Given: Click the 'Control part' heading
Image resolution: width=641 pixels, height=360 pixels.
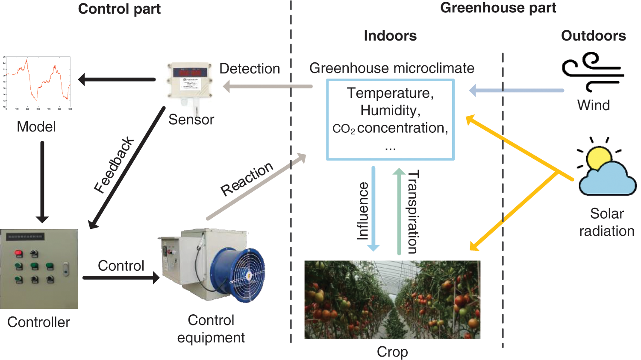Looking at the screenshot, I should click(x=119, y=9).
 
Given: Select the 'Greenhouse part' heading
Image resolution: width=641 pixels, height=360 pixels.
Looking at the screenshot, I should click(x=498, y=8).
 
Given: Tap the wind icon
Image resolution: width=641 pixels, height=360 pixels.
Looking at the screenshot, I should click(x=593, y=72).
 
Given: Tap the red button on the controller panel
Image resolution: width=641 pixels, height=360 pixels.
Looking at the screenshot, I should click(x=18, y=253).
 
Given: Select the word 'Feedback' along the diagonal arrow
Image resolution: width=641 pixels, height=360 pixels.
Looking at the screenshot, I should click(x=114, y=165).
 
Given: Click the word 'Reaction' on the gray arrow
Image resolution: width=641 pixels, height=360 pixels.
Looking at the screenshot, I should click(x=247, y=179).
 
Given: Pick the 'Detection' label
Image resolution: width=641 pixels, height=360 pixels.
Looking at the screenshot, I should click(x=250, y=69).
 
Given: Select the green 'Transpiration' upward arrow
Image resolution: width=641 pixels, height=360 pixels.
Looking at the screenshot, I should click(x=399, y=211).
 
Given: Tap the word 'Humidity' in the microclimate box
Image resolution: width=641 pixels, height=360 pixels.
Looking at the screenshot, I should click(x=390, y=111).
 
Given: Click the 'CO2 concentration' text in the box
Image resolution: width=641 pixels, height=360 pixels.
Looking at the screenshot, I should click(x=390, y=128).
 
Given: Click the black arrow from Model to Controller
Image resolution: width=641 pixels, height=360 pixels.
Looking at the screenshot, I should click(x=42, y=181).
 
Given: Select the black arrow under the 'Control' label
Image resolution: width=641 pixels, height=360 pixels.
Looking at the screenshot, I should click(x=121, y=278).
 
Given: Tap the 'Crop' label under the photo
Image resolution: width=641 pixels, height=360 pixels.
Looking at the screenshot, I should click(x=392, y=352).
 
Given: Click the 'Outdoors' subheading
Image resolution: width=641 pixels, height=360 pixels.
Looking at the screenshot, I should click(x=593, y=36).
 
